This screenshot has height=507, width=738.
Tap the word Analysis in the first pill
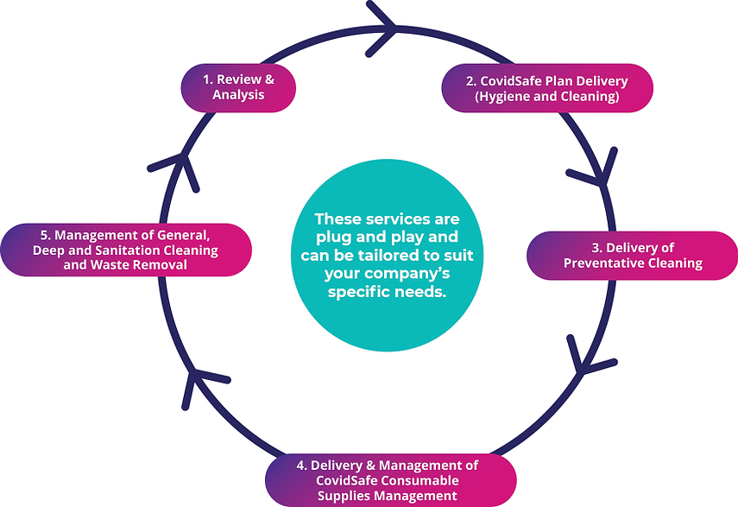pyautogui.click(x=238, y=94)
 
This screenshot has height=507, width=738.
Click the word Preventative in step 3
pyautogui.click(x=605, y=263)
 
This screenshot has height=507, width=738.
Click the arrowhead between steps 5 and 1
pyautogui.click(x=176, y=168)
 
